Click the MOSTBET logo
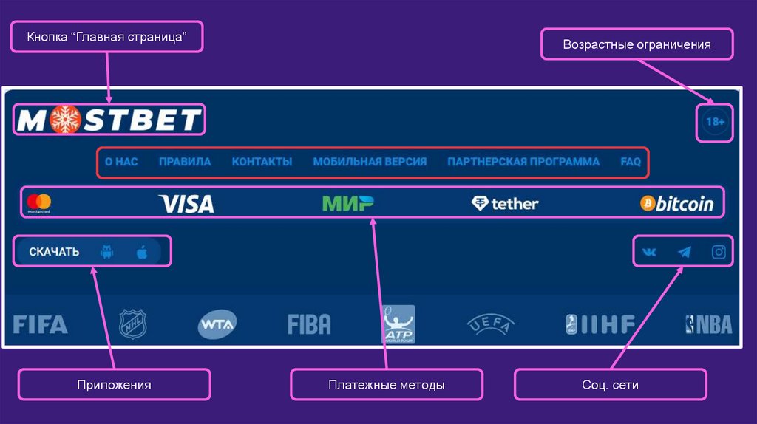tap(109, 120)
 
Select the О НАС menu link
tap(121, 162)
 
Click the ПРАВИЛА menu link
tap(185, 162)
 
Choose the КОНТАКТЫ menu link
tap(262, 162)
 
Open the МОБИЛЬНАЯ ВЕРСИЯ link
tap(370, 162)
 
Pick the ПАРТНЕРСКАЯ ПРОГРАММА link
tap(523, 162)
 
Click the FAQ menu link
tap(631, 162)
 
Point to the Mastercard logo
tap(39, 203)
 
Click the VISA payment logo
tap(186, 204)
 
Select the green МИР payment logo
tap(347, 203)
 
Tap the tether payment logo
tap(505, 204)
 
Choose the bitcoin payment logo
tap(677, 204)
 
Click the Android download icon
tap(106, 252)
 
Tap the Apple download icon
tap(142, 252)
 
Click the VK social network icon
tap(649, 253)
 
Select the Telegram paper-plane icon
tap(685, 253)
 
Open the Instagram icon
tap(719, 253)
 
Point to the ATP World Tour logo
tap(398, 324)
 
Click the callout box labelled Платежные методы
tap(387, 385)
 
